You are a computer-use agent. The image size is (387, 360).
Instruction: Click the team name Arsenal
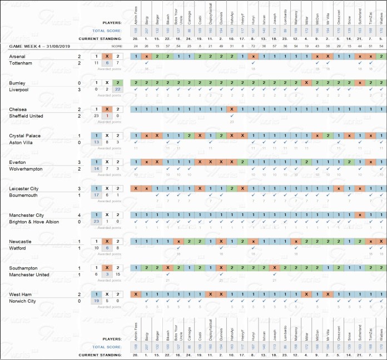[x=17, y=57]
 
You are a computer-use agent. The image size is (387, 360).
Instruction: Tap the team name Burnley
[x=17, y=83]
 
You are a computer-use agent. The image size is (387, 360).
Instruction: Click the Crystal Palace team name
[x=24, y=136]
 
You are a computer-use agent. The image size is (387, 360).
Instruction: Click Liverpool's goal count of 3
[x=80, y=89]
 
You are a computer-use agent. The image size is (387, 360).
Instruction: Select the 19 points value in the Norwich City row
[x=97, y=301]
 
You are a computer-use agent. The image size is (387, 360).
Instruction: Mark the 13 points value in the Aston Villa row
[x=97, y=142]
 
